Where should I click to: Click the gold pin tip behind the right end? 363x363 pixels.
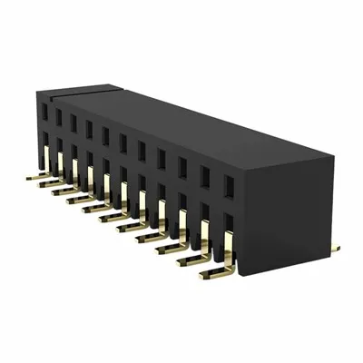(x=335, y=247)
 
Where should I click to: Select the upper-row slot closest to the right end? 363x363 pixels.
(x=229, y=186)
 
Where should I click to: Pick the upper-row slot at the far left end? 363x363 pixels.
(x=43, y=111)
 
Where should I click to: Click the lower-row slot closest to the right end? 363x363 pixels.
(x=228, y=221)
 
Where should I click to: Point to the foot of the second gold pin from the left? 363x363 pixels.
(x=43, y=184)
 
